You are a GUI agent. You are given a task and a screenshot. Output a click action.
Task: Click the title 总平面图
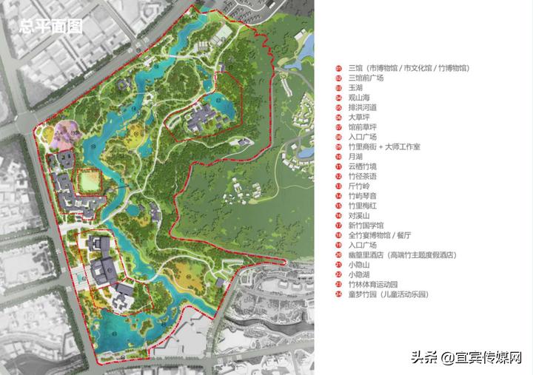coord(51,27)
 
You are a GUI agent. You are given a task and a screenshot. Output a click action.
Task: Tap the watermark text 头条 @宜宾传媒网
coord(467,358)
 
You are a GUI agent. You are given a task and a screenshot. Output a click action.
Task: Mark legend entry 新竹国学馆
coord(365,225)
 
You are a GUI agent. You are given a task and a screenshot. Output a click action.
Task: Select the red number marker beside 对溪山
coord(338,215)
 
